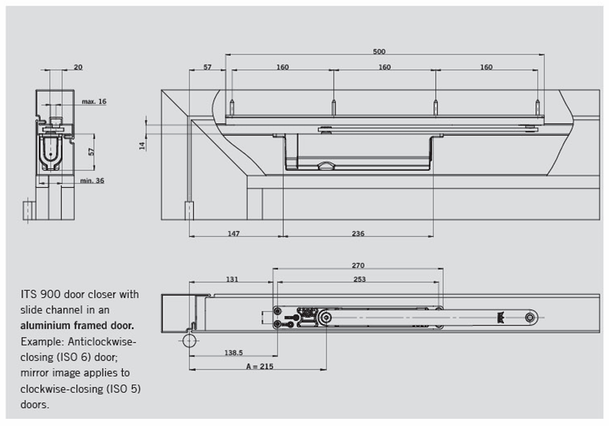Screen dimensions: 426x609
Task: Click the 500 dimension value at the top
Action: (x=380, y=52)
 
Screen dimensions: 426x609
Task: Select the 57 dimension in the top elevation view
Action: (x=208, y=67)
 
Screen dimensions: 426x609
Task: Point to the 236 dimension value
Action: (x=358, y=232)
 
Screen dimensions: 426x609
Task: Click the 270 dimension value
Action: (x=357, y=266)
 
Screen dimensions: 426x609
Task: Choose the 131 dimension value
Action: (x=232, y=279)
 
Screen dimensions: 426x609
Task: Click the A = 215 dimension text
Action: (x=259, y=366)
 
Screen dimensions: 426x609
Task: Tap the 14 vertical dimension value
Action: (x=142, y=145)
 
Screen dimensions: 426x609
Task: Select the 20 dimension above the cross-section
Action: (x=78, y=67)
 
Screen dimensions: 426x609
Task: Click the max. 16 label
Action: (x=93, y=102)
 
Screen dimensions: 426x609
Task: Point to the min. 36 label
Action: (x=92, y=181)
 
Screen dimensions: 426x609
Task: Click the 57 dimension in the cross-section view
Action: (x=91, y=152)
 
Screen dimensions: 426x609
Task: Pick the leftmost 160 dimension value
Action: (x=282, y=67)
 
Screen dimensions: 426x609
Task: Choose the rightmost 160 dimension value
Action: (x=486, y=67)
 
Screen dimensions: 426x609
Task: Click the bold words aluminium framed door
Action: (x=77, y=326)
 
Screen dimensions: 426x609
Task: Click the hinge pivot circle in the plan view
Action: (x=188, y=341)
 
